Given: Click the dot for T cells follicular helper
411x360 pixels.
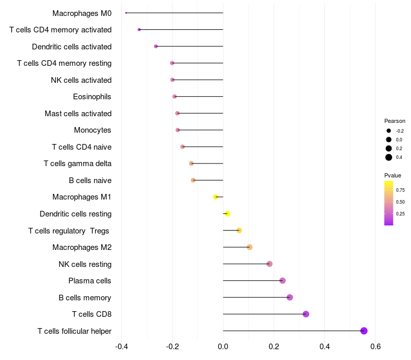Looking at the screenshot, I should [364, 331].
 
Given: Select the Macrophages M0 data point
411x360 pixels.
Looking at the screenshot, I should [126, 13].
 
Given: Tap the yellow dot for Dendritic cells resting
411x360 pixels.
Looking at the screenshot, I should [227, 213].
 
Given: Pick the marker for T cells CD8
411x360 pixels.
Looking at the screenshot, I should [306, 314].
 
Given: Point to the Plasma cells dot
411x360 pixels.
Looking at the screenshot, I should [282, 280].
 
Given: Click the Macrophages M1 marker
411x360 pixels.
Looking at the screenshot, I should [216, 197].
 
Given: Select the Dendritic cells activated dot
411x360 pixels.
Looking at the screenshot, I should [156, 46].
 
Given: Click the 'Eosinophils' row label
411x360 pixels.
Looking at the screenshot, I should [92, 97].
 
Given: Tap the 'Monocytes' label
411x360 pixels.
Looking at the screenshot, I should [92, 130].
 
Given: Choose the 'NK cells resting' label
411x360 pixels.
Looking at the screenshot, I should [85, 264].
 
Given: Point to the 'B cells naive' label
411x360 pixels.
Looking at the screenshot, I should [90, 181].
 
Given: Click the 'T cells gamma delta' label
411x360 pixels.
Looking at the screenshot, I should [78, 164].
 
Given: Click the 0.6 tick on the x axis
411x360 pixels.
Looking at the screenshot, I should [375, 346].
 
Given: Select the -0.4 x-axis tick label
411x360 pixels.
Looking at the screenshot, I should [121, 346].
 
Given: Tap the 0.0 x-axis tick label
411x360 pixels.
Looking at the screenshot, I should [223, 346].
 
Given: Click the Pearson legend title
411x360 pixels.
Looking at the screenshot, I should [395, 121].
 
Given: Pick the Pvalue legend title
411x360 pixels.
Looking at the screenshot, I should [393, 175].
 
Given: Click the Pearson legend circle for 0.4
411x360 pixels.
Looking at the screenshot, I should [389, 157].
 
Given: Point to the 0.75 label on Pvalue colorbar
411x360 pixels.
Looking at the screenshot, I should [400, 190].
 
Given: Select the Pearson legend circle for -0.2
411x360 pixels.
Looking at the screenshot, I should [389, 131].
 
